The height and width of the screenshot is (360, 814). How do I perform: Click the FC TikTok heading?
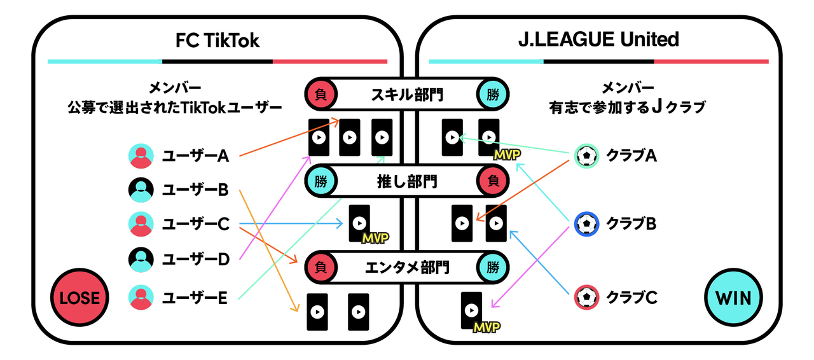[x=217, y=40]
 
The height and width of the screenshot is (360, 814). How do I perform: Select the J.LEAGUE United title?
[x=598, y=40]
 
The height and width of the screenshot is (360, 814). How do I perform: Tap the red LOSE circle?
[x=79, y=298]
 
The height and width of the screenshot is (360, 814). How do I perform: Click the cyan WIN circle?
[x=733, y=298]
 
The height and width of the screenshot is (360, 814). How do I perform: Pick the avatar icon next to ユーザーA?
[x=141, y=155]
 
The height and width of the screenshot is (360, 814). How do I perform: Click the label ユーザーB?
[x=195, y=189]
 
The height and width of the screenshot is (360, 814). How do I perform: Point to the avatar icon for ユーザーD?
[x=141, y=258]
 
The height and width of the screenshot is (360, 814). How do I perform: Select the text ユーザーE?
[x=195, y=296]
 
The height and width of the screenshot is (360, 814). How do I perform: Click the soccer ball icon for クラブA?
[x=586, y=155]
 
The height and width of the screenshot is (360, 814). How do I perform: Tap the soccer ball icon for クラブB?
[x=586, y=223]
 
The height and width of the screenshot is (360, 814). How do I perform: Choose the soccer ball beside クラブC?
[x=586, y=296]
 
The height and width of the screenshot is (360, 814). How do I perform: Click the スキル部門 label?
[x=407, y=95]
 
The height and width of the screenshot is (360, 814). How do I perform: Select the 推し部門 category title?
[x=407, y=181]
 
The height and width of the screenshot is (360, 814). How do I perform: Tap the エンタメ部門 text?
[x=407, y=267]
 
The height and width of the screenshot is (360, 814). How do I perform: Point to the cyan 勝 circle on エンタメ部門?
[x=493, y=267]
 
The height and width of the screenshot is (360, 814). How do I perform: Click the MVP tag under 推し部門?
[x=375, y=238]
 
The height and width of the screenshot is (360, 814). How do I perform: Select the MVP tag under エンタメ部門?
[x=486, y=327]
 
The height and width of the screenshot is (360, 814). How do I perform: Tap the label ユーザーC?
[x=195, y=224]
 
